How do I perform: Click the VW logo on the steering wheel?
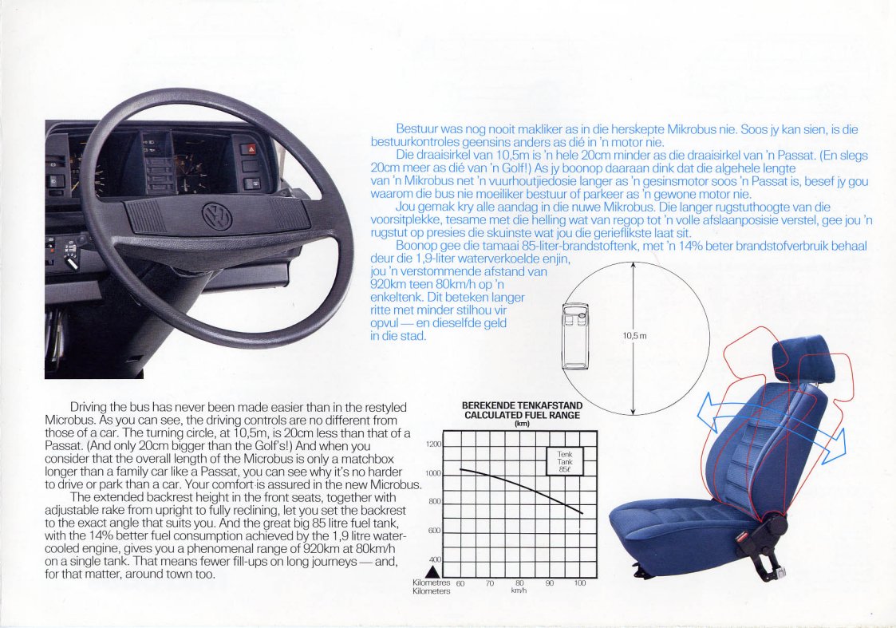217,216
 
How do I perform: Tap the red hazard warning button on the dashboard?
251,150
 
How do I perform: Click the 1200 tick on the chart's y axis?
434,444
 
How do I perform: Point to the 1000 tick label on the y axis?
434,474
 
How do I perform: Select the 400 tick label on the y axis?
436,559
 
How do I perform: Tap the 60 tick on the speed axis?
460,583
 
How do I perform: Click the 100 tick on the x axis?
580,583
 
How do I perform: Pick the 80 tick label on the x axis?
519,583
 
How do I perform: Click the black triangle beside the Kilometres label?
433,571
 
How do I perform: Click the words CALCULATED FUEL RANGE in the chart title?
522,416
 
